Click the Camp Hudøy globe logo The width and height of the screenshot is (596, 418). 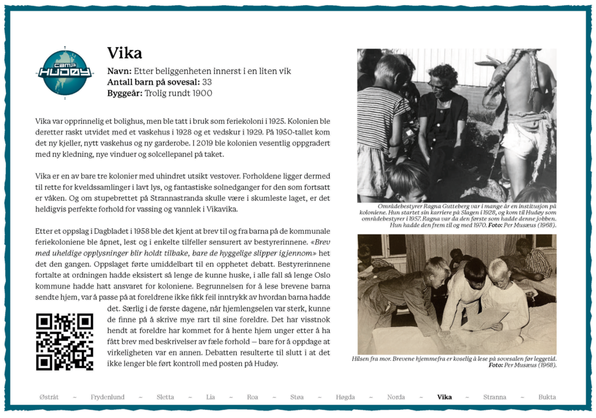point(65,72)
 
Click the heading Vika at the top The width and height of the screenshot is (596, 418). point(124,53)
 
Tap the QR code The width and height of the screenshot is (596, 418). point(64,342)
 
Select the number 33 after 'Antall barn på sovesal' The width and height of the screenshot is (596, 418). point(207,82)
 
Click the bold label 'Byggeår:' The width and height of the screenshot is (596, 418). point(124,93)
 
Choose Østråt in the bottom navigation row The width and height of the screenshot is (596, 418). point(49,397)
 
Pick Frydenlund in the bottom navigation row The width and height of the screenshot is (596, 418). point(108,397)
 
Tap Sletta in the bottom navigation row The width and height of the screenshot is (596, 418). point(165,397)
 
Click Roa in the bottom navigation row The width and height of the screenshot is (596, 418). point(252,397)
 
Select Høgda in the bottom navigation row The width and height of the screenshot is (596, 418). point(345,397)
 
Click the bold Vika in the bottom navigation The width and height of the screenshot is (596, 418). point(444,397)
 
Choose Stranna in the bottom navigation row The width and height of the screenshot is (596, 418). point(495,397)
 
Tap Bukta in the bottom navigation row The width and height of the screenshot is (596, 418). point(547,397)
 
